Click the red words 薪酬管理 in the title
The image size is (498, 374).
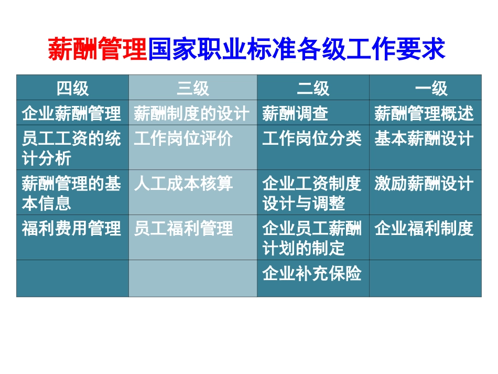pos(98,50)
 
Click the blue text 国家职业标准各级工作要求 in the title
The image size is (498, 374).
pos(297,50)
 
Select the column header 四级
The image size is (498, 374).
pos(72,88)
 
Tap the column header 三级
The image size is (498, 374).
pos(193,88)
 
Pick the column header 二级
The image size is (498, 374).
pos(313,88)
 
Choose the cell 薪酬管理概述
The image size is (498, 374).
pos(424,113)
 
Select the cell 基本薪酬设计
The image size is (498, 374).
pos(424,139)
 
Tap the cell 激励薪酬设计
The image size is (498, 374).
pos(424,184)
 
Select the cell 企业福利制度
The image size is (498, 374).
pos(424,229)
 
